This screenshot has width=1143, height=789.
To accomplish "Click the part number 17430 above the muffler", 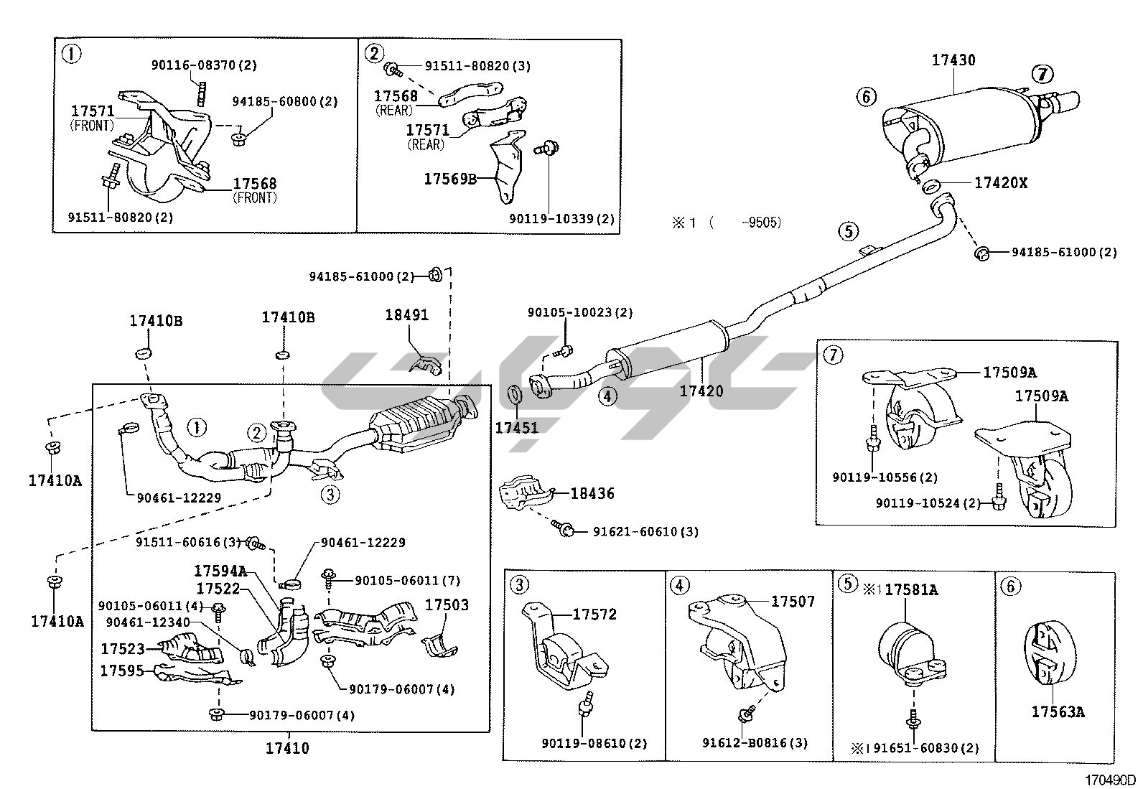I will point(953,60).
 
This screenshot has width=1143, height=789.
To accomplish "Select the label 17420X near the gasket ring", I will point(1000,183).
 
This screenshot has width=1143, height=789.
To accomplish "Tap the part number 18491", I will point(406,315).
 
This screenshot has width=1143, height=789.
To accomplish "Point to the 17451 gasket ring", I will point(514,394).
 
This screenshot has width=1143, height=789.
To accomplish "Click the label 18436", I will point(592,494).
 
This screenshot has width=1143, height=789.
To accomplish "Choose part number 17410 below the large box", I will point(288,749).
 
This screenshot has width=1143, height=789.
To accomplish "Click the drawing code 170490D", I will point(1110,780).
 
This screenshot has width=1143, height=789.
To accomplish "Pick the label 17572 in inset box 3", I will point(594,615).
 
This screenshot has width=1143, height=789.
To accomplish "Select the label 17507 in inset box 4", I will point(793,602).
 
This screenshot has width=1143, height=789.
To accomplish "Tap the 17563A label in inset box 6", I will point(1058,712).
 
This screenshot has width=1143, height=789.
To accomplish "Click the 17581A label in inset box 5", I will point(911,590).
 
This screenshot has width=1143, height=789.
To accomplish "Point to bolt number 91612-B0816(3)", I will point(755,744).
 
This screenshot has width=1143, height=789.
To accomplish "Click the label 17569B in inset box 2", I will point(449,179).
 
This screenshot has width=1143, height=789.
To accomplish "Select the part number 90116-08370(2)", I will point(204,65).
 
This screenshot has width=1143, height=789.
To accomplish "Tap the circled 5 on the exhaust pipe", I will point(848,231).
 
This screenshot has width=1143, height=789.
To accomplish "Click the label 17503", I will point(447,605).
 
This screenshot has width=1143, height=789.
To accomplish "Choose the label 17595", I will point(122,671).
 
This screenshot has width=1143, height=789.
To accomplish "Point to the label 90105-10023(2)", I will point(580,313).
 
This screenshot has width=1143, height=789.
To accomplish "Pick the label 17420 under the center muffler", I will point(701,391).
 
